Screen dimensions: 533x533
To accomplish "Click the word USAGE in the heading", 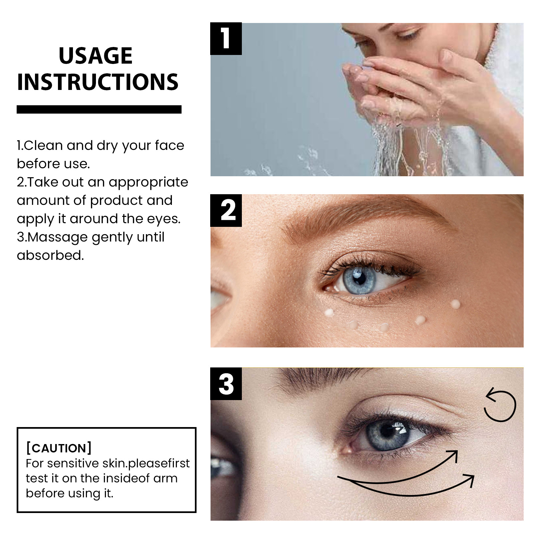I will point(96,56).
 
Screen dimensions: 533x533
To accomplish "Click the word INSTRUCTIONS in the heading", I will point(98,82).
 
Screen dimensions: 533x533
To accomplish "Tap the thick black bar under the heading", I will point(99,109).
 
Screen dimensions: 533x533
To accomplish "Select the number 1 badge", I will point(226,39).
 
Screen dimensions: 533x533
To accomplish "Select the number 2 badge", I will point(226,211).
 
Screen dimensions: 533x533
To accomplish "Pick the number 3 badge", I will point(226,384).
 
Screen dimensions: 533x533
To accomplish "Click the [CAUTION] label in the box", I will point(59,448).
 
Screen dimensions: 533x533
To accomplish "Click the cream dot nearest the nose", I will point(329,312).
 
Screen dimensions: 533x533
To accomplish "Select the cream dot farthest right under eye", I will point(455,304).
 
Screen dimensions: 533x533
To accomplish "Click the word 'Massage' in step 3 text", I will point(57,237).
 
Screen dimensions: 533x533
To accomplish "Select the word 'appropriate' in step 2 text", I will point(148,182).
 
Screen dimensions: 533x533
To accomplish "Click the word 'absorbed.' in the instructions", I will point(50,256).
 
